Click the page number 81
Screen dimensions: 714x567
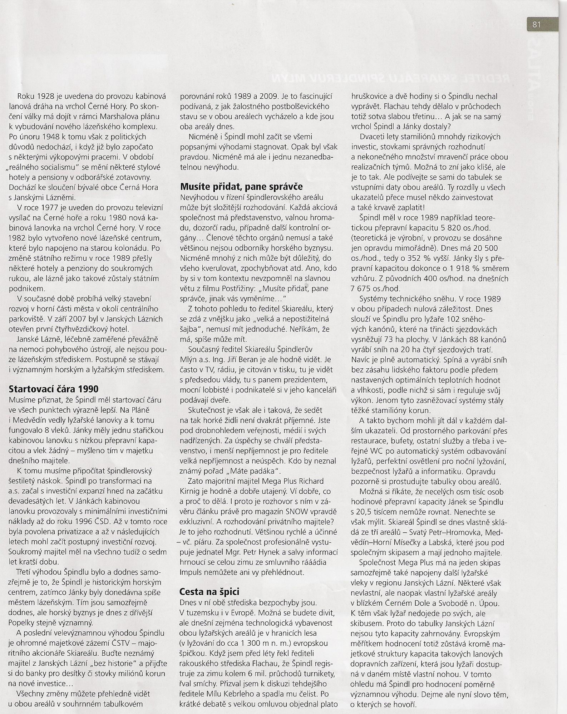point(536,24)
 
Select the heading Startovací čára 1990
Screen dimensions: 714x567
point(53,389)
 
